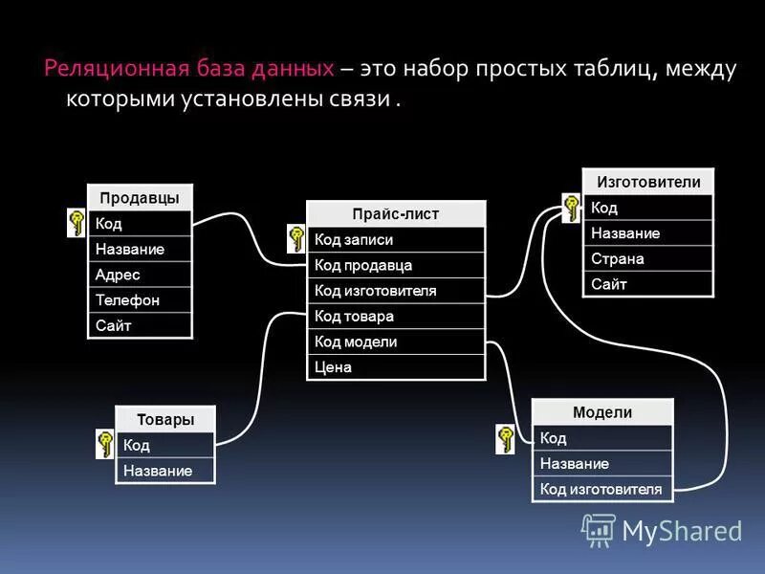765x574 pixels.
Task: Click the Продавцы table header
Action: [140, 198]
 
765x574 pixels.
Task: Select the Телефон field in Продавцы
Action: [140, 300]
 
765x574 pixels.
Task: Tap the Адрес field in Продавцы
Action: [140, 275]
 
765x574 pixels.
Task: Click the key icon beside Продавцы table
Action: [76, 224]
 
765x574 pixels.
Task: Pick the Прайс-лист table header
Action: [395, 214]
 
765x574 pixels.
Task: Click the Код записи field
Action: [395, 240]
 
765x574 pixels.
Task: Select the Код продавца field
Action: [395, 265]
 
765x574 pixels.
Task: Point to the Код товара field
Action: [395, 317]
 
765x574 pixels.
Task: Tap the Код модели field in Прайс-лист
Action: [395, 342]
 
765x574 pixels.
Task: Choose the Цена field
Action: [395, 367]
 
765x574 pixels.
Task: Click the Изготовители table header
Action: [647, 182]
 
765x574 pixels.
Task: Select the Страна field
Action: [647, 258]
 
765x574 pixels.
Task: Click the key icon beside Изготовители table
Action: [571, 209]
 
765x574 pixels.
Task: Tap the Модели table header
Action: [601, 412]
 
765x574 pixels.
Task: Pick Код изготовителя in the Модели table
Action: [601, 489]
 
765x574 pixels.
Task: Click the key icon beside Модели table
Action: [505, 438]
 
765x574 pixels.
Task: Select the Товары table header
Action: [164, 419]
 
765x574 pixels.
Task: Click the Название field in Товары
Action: [164, 471]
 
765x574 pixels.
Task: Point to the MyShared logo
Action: [662, 530]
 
